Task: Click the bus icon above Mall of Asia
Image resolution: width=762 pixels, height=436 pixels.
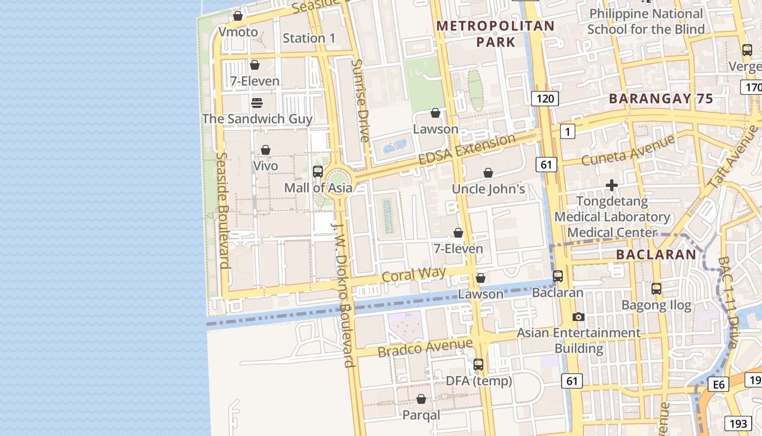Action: [x=318, y=172]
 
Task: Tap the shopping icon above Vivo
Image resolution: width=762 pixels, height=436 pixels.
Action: [x=266, y=150]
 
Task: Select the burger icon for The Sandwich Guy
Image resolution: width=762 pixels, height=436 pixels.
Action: [x=257, y=103]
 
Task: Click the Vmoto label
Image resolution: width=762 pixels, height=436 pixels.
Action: [x=238, y=32]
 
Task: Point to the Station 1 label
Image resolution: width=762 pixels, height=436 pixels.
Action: [x=309, y=38]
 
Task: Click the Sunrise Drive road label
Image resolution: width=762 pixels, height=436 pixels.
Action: [x=360, y=100]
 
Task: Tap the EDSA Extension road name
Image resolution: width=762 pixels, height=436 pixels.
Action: [x=467, y=149]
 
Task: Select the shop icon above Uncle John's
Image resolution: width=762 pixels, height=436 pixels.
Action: [x=488, y=173]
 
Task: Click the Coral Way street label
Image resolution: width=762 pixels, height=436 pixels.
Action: [x=414, y=274]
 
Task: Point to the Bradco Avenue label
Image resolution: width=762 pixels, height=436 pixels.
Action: [x=425, y=347]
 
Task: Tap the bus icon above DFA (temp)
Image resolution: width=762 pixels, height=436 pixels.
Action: [x=478, y=365]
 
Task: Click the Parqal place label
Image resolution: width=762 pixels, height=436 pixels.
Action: [x=421, y=415]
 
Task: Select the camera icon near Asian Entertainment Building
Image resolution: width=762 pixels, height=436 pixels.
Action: [x=579, y=317]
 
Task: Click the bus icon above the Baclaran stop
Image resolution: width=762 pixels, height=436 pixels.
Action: [x=558, y=276]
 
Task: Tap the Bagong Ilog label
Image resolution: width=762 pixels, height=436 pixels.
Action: [x=656, y=305]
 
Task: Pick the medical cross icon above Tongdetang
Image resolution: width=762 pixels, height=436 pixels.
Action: [x=612, y=186]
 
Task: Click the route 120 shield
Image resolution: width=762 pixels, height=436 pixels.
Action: [x=545, y=98]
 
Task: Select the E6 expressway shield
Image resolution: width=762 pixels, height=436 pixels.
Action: [x=719, y=385]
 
